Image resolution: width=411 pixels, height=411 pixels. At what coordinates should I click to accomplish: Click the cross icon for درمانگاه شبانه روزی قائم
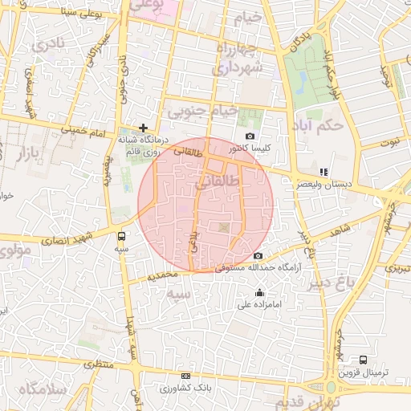click(x=144, y=128)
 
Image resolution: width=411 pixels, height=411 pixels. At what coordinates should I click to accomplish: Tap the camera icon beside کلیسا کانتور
click(x=250, y=136)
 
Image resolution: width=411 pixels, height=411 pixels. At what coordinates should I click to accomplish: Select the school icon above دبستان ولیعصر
click(x=324, y=172)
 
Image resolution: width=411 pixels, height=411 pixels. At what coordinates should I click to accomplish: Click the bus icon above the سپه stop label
click(x=121, y=237)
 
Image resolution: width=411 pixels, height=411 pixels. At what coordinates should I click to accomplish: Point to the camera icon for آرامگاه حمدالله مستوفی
click(x=257, y=256)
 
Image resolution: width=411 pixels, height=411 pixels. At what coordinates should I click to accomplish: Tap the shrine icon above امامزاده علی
click(x=258, y=292)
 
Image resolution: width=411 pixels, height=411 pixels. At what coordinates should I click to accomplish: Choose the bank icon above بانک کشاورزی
click(x=186, y=376)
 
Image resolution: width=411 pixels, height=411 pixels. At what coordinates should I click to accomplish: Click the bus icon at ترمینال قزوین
click(x=364, y=360)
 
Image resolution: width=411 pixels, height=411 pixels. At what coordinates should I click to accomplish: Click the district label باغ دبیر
click(x=351, y=282)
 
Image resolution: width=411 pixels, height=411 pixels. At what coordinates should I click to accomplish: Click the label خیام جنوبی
click(x=197, y=110)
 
